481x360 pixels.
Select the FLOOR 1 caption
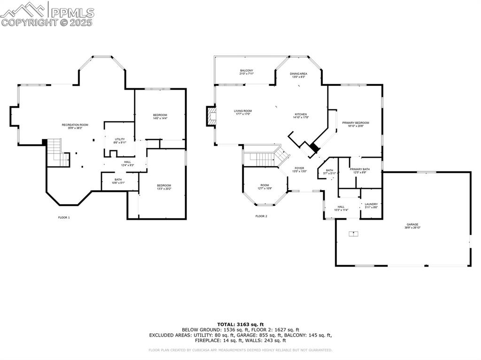[64, 217]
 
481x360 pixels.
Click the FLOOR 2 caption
[261, 216]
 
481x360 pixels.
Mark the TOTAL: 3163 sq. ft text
[240, 324]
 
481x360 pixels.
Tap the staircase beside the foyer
[263, 156]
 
